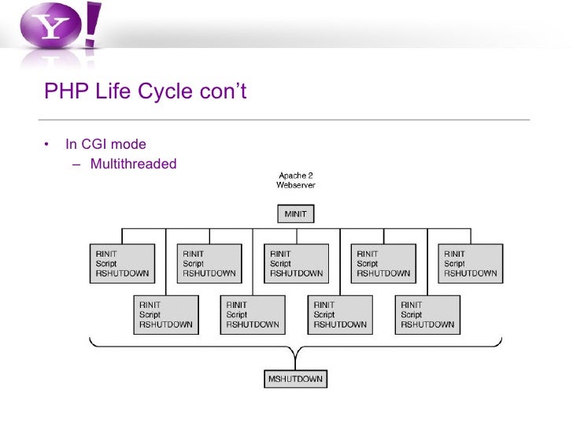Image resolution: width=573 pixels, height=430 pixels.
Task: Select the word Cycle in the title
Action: (165, 92)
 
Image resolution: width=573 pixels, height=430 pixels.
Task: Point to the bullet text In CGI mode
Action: (105, 144)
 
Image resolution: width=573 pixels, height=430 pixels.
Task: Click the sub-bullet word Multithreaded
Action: (133, 164)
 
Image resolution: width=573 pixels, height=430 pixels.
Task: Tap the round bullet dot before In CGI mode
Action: (46, 145)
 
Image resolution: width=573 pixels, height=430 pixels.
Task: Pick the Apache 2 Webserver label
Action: (296, 180)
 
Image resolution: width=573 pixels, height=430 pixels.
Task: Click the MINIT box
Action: (295, 213)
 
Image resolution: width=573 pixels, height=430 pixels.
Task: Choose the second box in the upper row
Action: (209, 264)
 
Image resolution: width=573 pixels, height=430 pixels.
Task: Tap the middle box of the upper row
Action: (296, 264)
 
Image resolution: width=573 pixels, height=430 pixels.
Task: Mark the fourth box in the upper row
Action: (383, 264)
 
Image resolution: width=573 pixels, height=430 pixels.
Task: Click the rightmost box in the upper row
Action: (471, 264)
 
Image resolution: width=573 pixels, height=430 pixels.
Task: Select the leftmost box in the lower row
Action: (165, 314)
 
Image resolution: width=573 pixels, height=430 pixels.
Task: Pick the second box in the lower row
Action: (253, 314)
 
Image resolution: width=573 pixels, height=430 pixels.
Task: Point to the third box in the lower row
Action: (340, 314)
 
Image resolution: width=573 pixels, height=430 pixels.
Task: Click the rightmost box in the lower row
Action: (427, 314)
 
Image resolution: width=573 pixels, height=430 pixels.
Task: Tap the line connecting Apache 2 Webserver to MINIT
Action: (295, 198)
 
